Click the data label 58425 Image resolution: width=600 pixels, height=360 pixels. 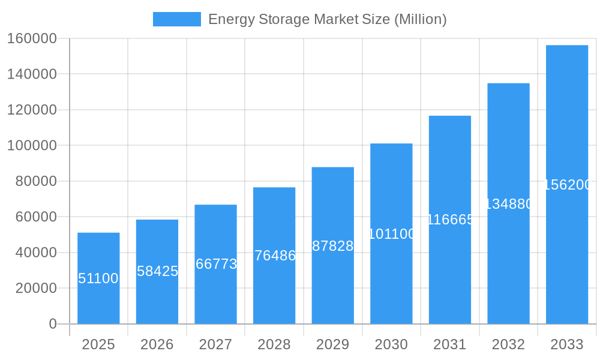point(157,271)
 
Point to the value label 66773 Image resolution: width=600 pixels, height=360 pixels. point(216,264)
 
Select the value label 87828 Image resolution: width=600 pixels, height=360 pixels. point(333,246)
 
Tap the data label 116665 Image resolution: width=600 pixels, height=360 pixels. point(450,220)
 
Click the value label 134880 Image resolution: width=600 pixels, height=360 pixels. point(508,204)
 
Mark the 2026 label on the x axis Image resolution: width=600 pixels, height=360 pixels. point(157,344)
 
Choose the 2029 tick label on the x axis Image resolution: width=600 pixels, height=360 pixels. point(333,344)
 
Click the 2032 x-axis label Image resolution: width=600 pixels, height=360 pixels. point(508,344)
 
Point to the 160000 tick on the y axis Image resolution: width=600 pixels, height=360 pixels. point(32,38)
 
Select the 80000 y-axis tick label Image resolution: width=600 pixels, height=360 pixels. point(35,181)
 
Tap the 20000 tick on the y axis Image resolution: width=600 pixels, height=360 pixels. point(35,288)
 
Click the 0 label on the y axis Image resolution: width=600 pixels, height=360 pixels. point(53,324)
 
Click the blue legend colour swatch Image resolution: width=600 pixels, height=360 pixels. point(177,19)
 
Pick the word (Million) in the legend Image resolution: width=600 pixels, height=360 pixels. point(420,19)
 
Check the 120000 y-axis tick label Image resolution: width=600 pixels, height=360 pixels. point(32,110)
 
